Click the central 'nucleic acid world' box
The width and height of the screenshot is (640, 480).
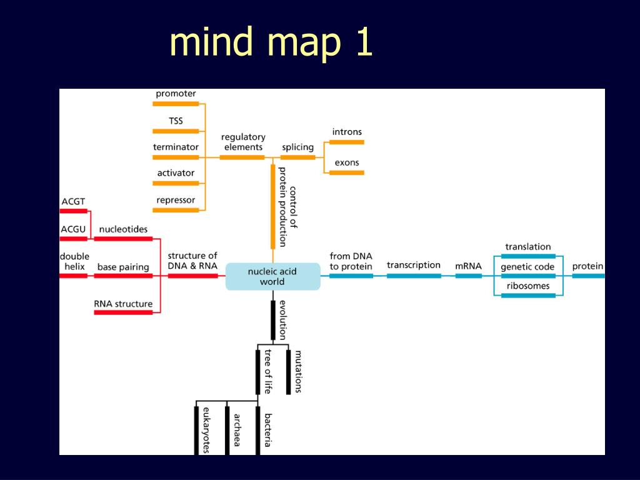click(x=272, y=277)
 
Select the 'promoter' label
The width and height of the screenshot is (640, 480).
click(x=176, y=94)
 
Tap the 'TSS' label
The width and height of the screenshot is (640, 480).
click(x=176, y=121)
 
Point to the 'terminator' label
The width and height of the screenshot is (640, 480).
click(x=176, y=147)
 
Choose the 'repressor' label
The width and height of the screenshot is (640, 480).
click(x=176, y=200)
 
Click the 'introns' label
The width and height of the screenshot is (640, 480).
click(x=347, y=132)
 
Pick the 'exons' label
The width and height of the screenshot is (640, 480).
click(x=347, y=162)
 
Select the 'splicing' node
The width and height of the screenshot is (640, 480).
click(x=297, y=147)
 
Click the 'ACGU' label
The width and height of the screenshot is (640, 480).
click(x=73, y=229)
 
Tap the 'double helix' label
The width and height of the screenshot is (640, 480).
click(x=74, y=261)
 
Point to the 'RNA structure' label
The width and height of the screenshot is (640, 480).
click(x=123, y=304)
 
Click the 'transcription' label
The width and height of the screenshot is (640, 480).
click(x=413, y=265)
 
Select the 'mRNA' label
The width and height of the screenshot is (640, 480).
click(x=468, y=266)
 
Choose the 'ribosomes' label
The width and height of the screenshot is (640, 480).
click(x=528, y=286)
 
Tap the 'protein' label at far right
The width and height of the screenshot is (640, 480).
click(x=587, y=266)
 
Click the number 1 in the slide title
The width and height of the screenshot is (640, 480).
click(x=362, y=42)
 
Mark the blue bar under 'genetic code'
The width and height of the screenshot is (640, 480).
click(x=528, y=276)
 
